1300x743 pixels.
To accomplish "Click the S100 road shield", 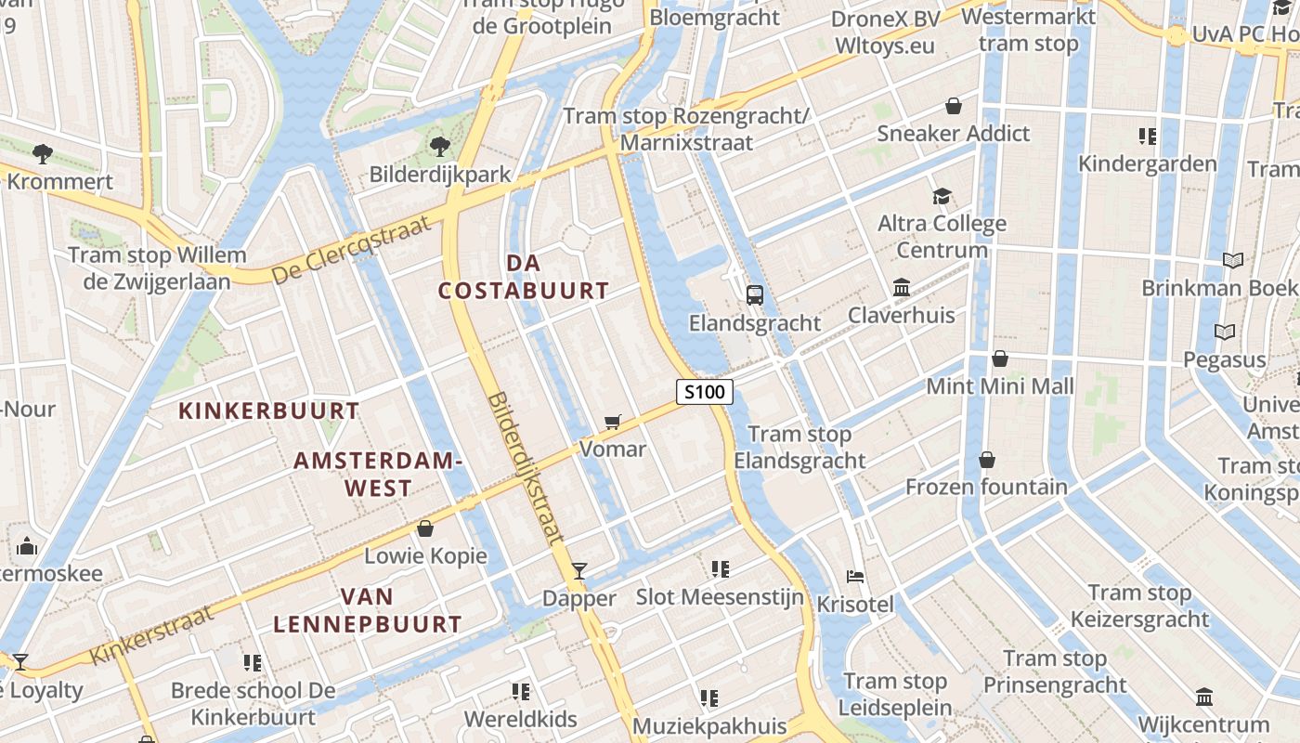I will [x=704, y=392].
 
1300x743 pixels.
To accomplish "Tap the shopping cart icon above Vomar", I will [x=612, y=423].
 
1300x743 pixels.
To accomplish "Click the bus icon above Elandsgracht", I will [x=755, y=295].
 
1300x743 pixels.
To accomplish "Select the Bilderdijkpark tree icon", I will [x=439, y=146].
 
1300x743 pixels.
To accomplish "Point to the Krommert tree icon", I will [x=42, y=153].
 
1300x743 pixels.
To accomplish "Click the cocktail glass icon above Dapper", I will [x=579, y=570].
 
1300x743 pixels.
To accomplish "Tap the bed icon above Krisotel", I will [x=855, y=577].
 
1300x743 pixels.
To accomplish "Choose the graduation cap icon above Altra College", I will [x=942, y=196].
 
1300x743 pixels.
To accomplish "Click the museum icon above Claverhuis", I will [x=901, y=287].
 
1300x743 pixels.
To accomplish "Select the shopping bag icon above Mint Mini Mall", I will [x=1000, y=358].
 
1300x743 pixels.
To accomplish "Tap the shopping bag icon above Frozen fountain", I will [x=986, y=459].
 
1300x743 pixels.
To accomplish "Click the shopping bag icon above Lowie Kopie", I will [x=425, y=528].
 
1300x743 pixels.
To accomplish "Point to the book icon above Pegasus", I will [x=1224, y=332].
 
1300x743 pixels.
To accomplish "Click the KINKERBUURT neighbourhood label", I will [x=268, y=411].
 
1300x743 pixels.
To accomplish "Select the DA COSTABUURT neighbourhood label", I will [x=524, y=277].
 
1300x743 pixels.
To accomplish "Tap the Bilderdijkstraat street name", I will [x=526, y=467].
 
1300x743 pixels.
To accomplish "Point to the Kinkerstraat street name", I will [x=152, y=633].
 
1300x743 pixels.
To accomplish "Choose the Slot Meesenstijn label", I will [x=720, y=596].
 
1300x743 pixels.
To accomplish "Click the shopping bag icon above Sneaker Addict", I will [x=953, y=106].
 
